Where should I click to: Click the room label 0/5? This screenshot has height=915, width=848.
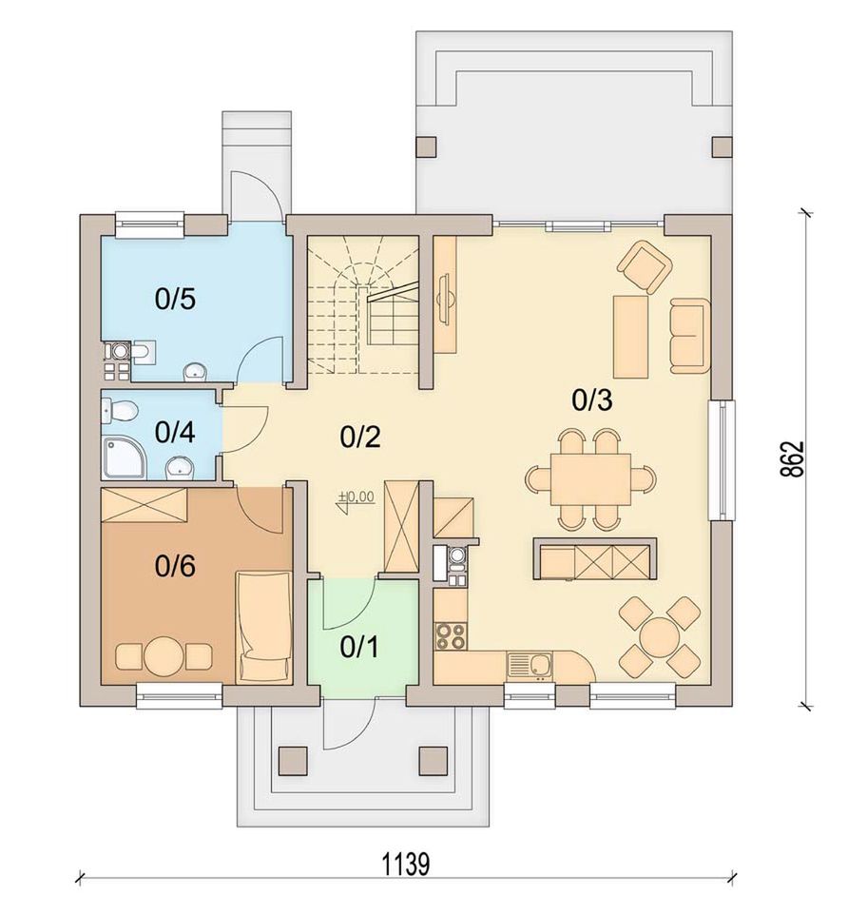click(175, 299)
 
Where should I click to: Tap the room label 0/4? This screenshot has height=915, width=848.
click(175, 433)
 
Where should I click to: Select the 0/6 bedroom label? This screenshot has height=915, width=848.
click(175, 566)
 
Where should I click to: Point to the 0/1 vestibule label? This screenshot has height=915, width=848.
click(360, 647)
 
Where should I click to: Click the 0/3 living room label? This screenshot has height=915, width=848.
click(592, 400)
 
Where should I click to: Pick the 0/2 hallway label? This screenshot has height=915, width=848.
click(360, 437)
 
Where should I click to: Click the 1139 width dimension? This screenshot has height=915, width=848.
click(406, 865)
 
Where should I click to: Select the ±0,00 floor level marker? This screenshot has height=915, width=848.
click(356, 499)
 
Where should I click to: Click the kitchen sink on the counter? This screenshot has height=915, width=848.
click(530, 666)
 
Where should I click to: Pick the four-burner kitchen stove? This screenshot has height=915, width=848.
click(451, 635)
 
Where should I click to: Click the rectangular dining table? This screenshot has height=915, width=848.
click(590, 479)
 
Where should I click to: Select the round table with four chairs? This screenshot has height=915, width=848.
click(660, 636)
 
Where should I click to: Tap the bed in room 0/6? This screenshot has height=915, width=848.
click(263, 626)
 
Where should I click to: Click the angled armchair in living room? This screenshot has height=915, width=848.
click(645, 268)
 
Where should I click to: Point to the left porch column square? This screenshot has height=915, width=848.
click(293, 760)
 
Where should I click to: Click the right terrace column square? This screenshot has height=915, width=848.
click(723, 146)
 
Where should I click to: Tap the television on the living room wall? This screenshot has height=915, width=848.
click(445, 298)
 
